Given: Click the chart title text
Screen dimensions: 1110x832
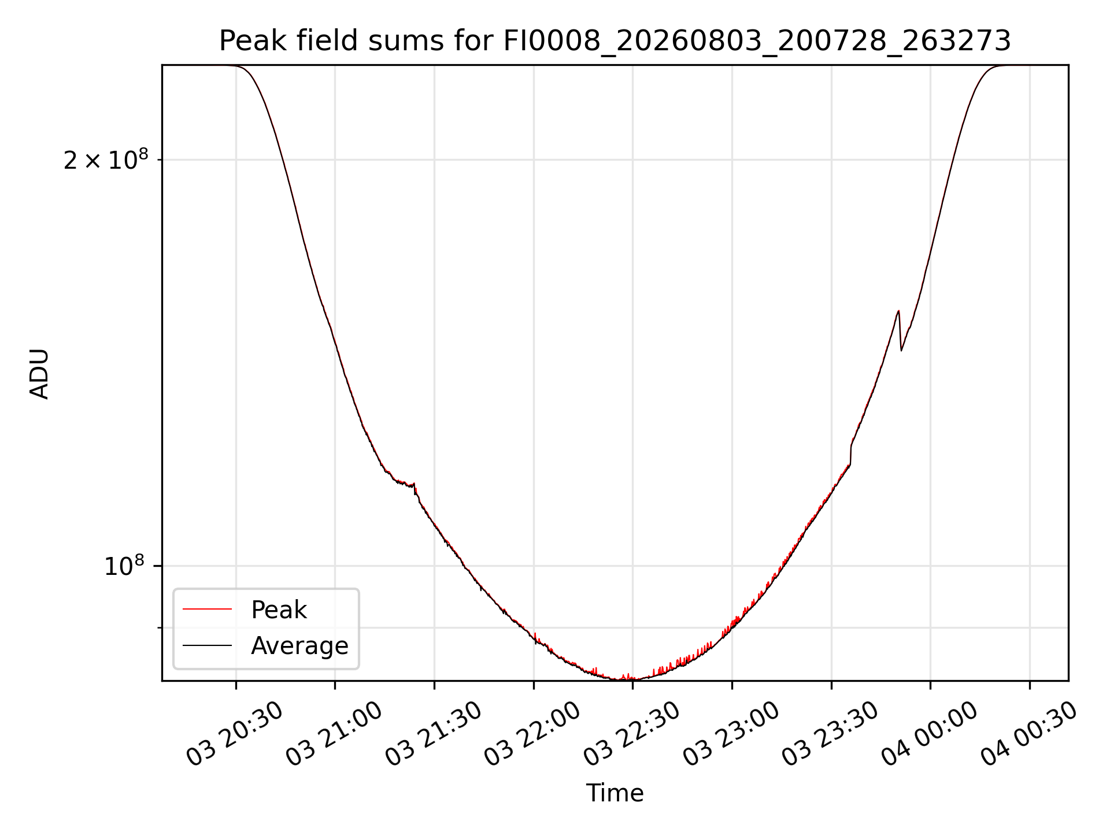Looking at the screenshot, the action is pyautogui.click(x=615, y=41).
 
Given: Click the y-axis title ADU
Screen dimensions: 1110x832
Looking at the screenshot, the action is pyautogui.click(x=39, y=374).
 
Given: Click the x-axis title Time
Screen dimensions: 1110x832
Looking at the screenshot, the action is pyautogui.click(x=615, y=793).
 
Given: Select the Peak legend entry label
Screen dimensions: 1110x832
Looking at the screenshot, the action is pyautogui.click(x=279, y=610).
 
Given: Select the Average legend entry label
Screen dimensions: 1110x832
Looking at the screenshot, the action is pyautogui.click(x=299, y=646).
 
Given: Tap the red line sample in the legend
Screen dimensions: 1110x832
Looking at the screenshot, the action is pyautogui.click(x=207, y=609).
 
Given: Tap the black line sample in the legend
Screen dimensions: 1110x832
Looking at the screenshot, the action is pyautogui.click(x=207, y=645).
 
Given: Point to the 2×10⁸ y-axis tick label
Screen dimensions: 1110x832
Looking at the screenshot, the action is pyautogui.click(x=106, y=160).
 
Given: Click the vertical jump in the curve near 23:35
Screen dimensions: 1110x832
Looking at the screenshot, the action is pyautogui.click(x=850, y=454).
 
